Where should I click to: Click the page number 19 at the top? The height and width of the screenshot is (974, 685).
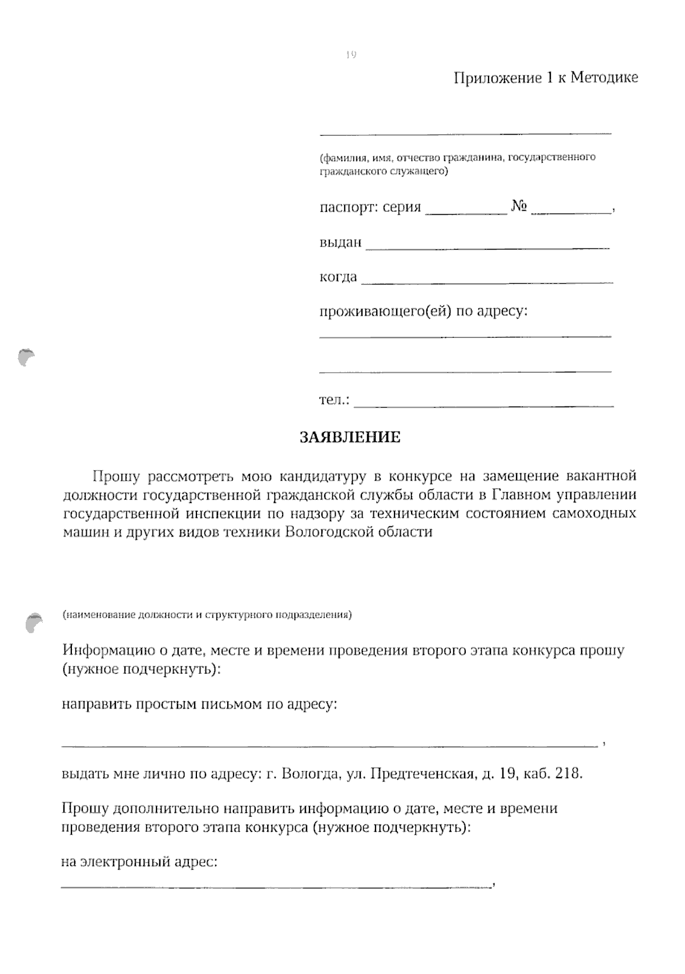[x=350, y=55]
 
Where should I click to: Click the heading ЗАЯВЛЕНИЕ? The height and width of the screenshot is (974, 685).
[x=350, y=437]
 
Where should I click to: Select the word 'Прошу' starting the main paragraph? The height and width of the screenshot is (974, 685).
[x=116, y=476]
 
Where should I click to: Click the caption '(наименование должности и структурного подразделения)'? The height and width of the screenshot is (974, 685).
[x=207, y=615]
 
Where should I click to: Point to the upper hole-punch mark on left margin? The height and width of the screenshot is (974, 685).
[x=25, y=357]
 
